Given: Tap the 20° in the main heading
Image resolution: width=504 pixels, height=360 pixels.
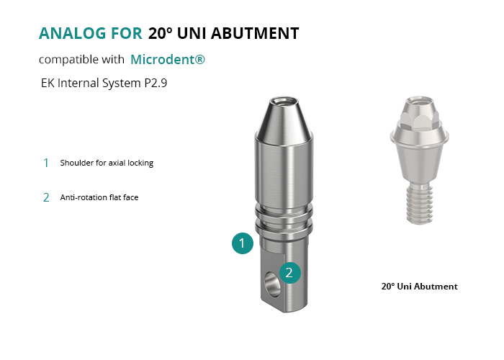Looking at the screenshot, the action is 160,33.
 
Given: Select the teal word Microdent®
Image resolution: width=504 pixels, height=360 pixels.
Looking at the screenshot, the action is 168,60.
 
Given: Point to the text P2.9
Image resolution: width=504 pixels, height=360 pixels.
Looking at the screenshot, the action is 156,83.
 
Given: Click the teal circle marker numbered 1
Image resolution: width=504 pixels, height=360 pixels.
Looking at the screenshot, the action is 243,243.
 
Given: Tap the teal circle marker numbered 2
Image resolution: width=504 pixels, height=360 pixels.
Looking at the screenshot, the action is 290,273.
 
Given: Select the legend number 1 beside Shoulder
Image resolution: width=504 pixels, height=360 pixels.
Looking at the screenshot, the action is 46,163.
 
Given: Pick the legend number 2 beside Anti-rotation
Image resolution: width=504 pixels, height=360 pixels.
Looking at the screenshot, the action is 46,197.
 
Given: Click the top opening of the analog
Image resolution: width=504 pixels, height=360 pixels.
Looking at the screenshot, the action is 284,102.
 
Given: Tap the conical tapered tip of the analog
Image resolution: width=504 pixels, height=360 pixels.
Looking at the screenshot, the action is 284,119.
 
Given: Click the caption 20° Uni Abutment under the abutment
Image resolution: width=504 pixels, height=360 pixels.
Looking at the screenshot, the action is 420,287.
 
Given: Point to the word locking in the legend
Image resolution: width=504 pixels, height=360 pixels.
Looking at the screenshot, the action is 140,163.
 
